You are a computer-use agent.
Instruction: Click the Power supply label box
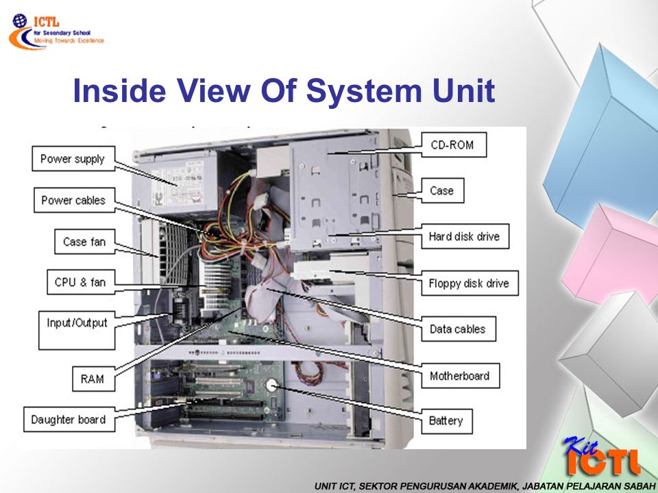click(72, 159)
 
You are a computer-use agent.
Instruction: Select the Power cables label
click(73, 201)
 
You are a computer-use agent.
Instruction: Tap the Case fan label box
click(84, 242)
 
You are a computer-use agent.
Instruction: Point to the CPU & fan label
click(80, 282)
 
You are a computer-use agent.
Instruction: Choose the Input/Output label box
click(77, 323)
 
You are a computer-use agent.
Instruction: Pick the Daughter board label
click(68, 419)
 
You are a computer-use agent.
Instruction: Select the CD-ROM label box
click(452, 145)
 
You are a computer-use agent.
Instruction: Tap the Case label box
click(441, 190)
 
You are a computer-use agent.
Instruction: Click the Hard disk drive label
click(464, 237)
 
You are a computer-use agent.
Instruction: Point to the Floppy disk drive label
click(469, 283)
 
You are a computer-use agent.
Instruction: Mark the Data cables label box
click(457, 329)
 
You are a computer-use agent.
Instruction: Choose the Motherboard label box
click(459, 376)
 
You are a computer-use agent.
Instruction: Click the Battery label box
click(446, 420)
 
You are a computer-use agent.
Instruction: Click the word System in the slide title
click(358, 92)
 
